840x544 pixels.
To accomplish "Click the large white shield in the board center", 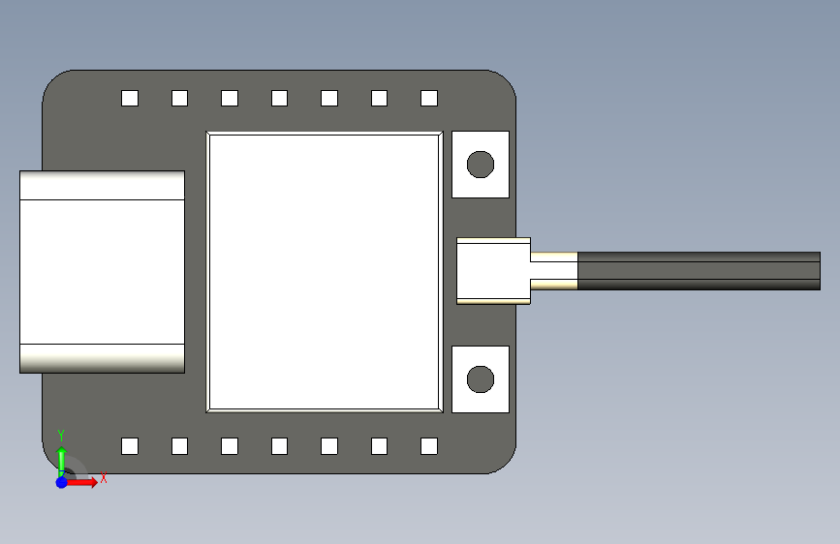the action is pyautogui.click(x=325, y=272).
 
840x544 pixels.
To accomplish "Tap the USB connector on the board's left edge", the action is pyautogui.click(x=103, y=272).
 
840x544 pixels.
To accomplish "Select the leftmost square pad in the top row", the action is pyautogui.click(x=130, y=99).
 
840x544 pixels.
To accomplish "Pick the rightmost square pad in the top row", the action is pyautogui.click(x=429, y=99).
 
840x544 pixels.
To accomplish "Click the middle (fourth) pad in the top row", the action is pyautogui.click(x=280, y=99).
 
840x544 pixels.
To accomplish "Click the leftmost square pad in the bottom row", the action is pyautogui.click(x=130, y=446).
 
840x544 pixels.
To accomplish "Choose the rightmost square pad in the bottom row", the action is pyautogui.click(x=429, y=446).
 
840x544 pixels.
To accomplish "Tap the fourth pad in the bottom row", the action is pyautogui.click(x=280, y=446).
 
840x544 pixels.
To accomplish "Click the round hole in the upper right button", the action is pyautogui.click(x=481, y=165).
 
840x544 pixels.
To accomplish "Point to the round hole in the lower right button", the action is pyautogui.click(x=481, y=379).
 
